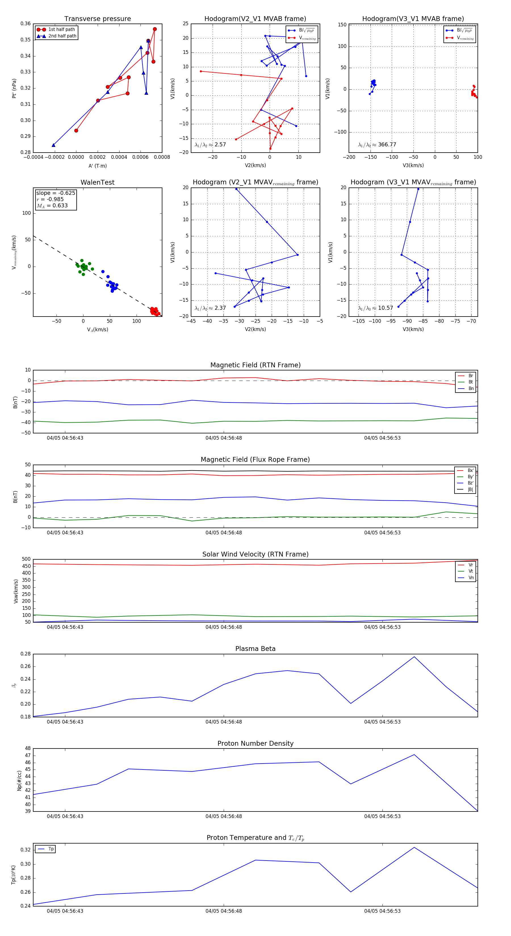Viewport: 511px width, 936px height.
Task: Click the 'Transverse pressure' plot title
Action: (97, 19)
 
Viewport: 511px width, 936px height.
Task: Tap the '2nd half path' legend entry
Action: (62, 36)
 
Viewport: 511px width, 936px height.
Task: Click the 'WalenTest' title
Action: (97, 182)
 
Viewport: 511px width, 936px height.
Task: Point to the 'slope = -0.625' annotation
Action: (56, 193)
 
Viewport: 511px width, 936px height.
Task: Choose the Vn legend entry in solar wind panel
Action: (471, 578)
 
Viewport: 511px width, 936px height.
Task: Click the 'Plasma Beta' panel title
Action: (255, 649)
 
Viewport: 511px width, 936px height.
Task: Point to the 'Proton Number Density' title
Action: (255, 743)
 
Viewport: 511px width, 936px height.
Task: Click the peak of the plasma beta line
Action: (414, 657)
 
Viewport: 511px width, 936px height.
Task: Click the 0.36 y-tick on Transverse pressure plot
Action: (26, 24)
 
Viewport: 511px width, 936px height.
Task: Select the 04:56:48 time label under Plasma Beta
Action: (223, 722)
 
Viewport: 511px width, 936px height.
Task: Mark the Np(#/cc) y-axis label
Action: (20, 781)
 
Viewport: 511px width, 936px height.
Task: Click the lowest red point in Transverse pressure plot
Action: (76, 130)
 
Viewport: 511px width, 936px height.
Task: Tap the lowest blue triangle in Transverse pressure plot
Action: (53, 145)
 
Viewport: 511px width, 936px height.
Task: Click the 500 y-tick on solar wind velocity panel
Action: (26, 559)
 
